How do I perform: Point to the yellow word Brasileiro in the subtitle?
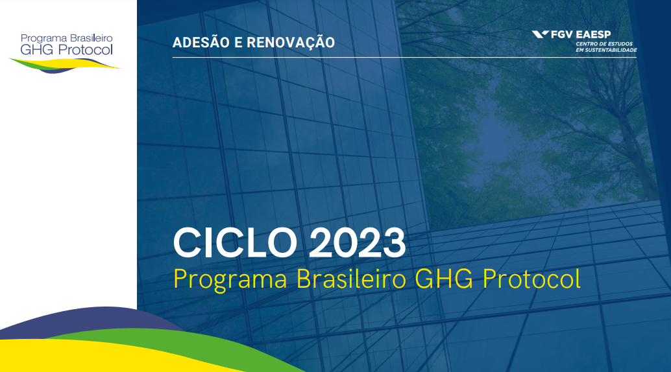coord(351,279)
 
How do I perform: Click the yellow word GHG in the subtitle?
coord(444,279)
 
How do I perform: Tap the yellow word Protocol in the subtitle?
coord(531,279)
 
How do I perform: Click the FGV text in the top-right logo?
coord(562,34)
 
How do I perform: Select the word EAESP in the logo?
coord(594,34)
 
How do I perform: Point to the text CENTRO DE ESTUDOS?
coord(604,44)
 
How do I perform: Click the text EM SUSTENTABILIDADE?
coord(606,50)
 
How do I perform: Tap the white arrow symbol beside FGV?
coord(540,34)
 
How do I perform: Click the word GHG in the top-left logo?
coord(37,50)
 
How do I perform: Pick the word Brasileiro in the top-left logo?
coord(91,38)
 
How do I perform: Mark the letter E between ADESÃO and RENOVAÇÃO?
coord(238,42)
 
